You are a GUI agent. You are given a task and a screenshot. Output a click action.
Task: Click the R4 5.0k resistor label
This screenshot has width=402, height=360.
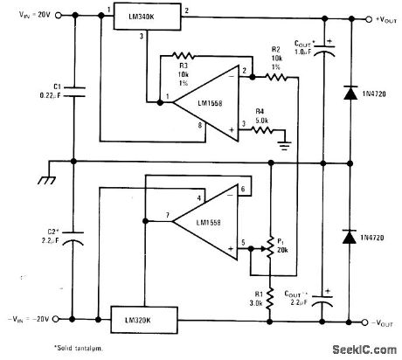259,116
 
